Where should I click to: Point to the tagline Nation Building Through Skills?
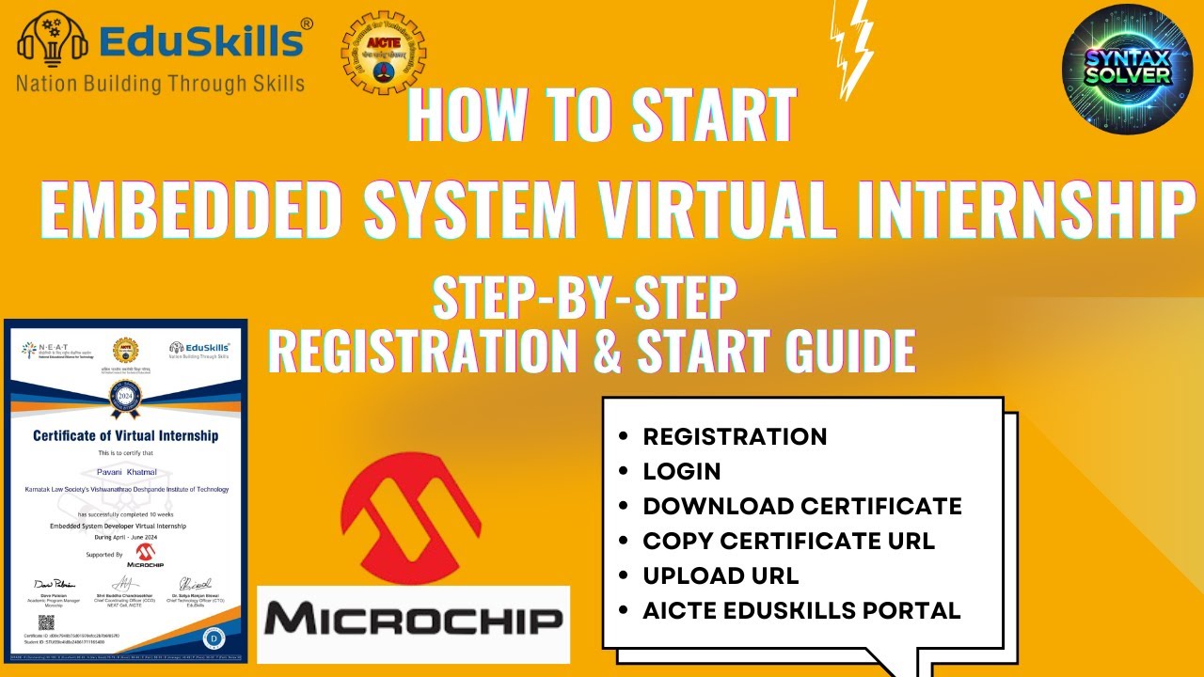click(x=160, y=83)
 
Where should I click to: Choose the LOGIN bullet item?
click(x=682, y=471)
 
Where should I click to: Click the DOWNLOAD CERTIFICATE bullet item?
click(x=802, y=506)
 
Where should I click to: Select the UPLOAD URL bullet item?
click(x=721, y=575)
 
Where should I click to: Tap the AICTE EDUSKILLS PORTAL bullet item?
click(x=801, y=610)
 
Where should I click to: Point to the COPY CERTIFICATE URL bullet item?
click(x=788, y=541)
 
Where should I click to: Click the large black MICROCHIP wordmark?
click(x=414, y=622)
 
